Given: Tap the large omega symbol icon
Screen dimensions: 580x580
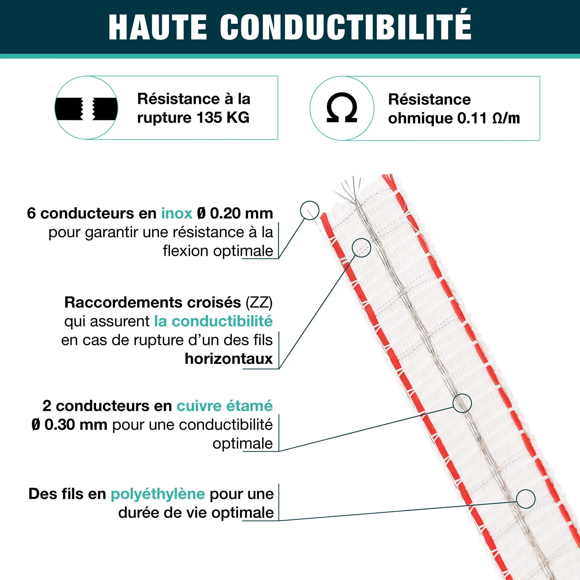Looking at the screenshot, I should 342,108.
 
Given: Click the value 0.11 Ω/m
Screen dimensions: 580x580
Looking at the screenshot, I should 488,118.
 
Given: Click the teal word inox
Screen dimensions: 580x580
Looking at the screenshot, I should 176,213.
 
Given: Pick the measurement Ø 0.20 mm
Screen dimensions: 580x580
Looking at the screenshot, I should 235,213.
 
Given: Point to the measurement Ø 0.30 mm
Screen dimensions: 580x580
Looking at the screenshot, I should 69,425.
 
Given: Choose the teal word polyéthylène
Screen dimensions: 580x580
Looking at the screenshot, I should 158,494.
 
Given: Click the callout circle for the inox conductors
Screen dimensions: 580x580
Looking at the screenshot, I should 309,210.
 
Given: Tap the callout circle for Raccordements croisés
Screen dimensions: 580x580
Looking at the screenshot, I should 361,248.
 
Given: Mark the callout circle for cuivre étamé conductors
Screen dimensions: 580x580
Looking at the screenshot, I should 462,403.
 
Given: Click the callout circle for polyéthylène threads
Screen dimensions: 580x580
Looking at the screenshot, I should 526,499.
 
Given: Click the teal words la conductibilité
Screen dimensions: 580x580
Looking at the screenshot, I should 213,321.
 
